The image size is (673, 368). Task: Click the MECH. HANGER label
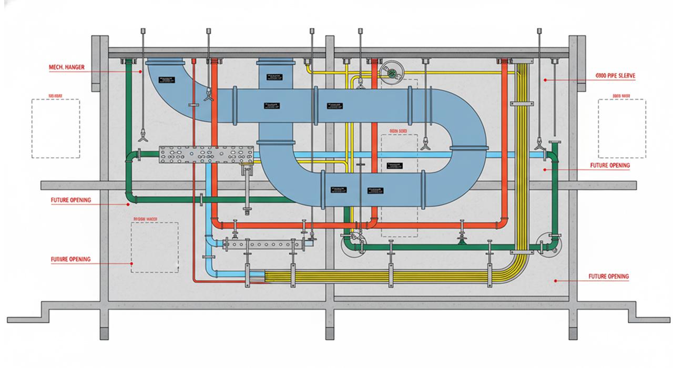[66, 67]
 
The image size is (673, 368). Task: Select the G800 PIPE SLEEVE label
[615, 76]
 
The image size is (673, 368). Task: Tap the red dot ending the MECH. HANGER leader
[140, 71]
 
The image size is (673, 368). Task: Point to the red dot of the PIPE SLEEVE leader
[546, 80]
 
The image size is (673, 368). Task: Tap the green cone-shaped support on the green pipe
[461, 240]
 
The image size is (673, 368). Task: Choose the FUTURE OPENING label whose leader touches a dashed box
[70, 259]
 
